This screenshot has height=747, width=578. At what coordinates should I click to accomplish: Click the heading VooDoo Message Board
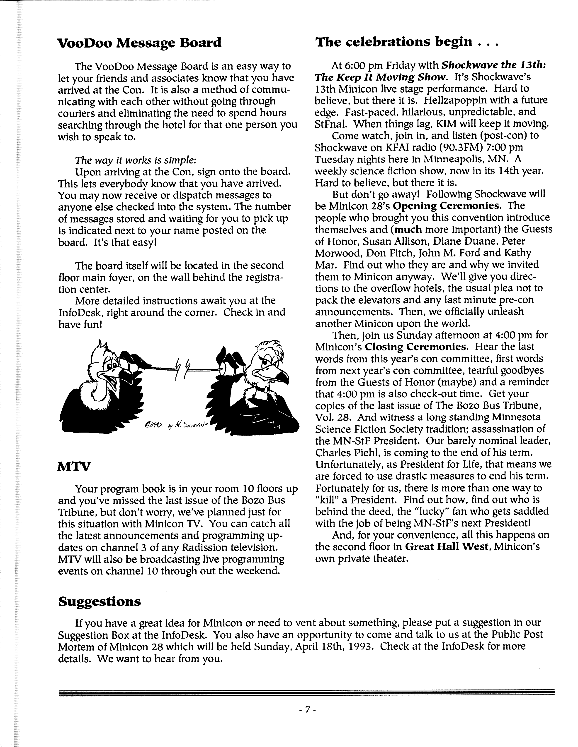click(139, 43)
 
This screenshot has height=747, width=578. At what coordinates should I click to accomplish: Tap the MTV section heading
click(74, 466)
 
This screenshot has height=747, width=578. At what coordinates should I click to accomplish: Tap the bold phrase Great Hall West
click(446, 547)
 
